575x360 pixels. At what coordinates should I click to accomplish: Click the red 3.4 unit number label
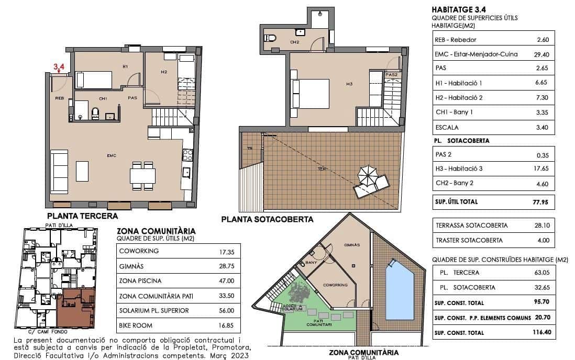coord(59,66)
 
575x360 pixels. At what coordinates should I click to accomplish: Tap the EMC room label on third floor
coord(111,155)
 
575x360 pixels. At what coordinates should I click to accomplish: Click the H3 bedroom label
coord(349,83)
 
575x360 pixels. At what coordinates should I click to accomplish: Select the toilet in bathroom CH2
coord(270,38)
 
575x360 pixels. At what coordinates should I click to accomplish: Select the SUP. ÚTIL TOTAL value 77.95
coord(539,201)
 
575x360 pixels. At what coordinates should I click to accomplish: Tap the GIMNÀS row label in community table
coord(129,266)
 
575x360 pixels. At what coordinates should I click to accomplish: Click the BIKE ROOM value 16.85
coord(227,325)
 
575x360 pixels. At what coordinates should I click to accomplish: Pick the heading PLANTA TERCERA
coord(82,216)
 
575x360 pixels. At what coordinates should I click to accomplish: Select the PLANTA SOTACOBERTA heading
coord(267,220)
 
